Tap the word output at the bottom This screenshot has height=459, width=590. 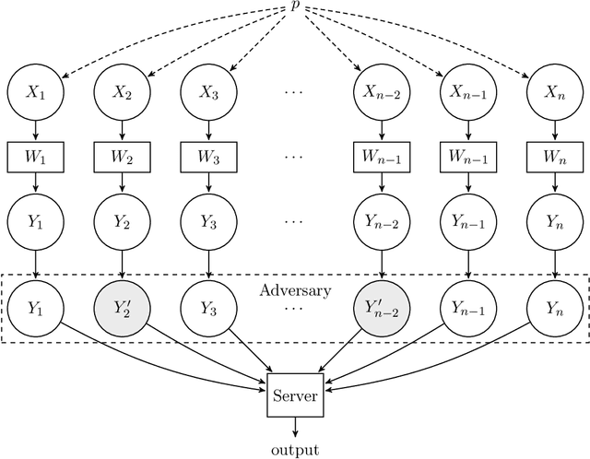pos(295,449)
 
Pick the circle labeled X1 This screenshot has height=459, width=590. pos(34,92)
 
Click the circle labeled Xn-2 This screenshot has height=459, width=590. pos(381,92)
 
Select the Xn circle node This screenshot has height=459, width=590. pos(552,92)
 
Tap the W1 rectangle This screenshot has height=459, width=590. pos(34,156)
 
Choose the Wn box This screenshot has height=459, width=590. pos(552,156)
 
